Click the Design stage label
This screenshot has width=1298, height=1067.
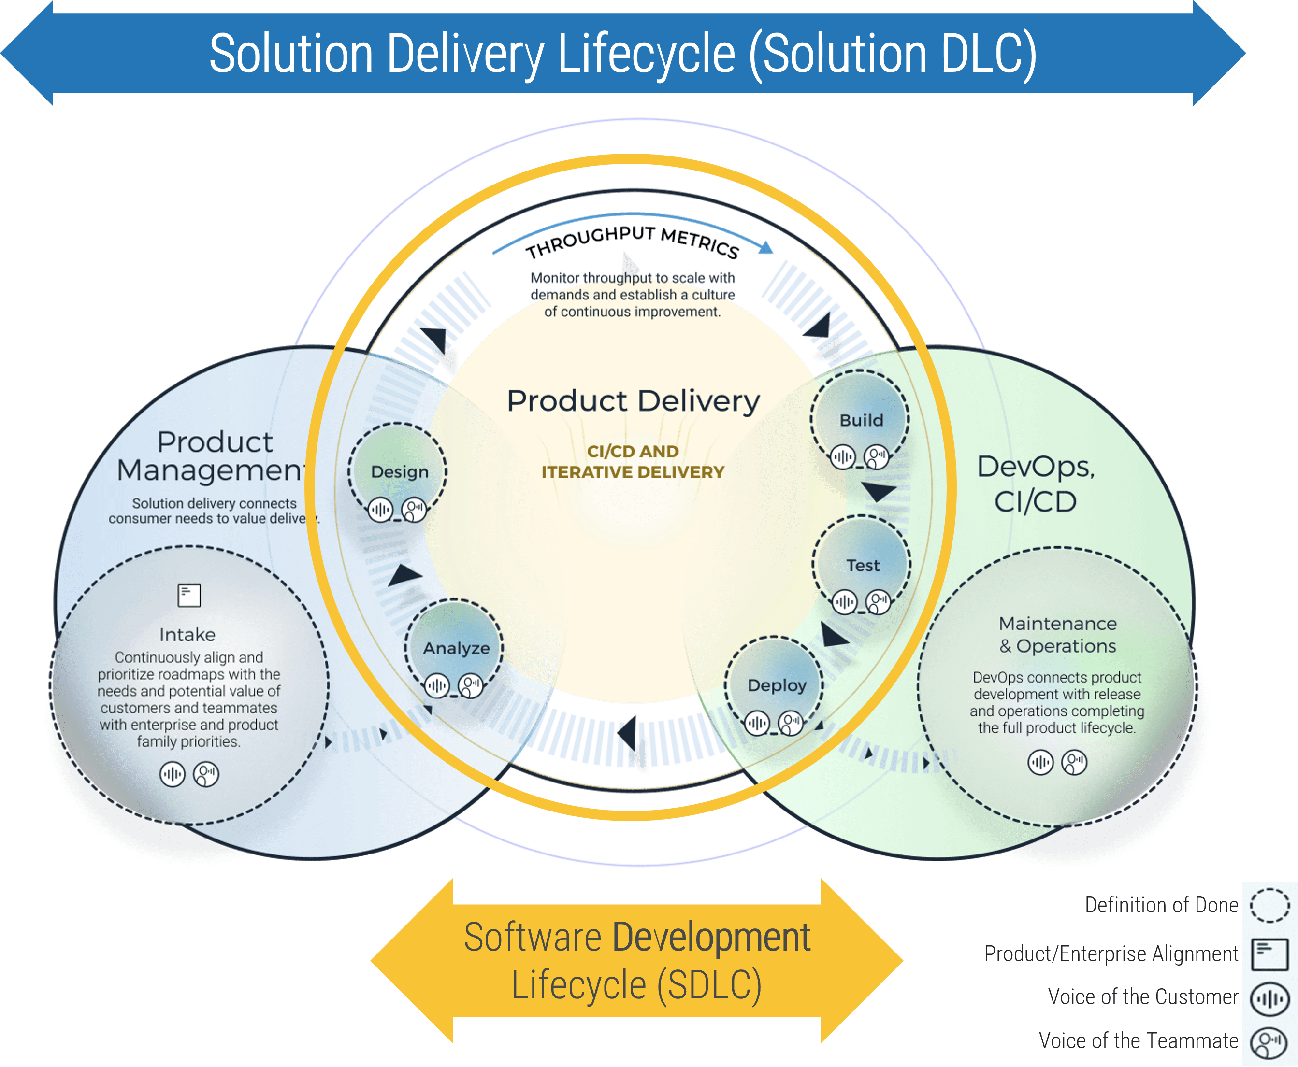[x=400, y=471]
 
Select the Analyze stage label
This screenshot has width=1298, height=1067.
[x=456, y=648]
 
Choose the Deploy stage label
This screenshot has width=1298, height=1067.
[x=777, y=685]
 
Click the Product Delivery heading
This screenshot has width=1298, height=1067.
[x=634, y=401]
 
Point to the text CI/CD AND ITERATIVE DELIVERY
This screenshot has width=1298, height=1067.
[x=633, y=462]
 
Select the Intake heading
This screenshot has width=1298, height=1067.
[x=187, y=634]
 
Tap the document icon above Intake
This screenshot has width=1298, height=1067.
[x=189, y=595]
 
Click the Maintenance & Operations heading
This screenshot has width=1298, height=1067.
[x=1057, y=634]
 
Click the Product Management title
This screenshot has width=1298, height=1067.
[x=212, y=456]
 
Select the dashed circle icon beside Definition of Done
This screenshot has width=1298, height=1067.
[x=1269, y=905]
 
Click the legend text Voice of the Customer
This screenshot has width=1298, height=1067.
[x=1142, y=996]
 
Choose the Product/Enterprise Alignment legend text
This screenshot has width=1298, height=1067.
[x=1111, y=953]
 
